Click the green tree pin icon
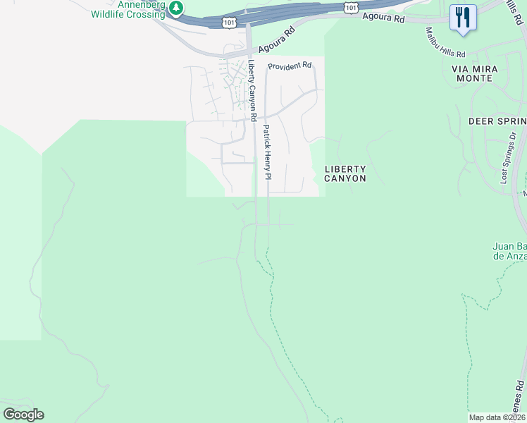176,8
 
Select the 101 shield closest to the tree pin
229,22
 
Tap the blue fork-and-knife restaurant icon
463,18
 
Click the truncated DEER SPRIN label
497,121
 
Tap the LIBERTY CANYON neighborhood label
345,173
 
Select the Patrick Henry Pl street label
267,152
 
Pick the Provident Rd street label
290,66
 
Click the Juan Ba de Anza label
509,251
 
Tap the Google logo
23,415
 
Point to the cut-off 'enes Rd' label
519,395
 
